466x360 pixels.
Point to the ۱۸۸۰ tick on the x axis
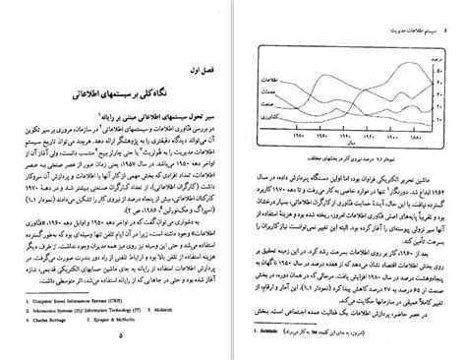[x=417, y=134]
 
